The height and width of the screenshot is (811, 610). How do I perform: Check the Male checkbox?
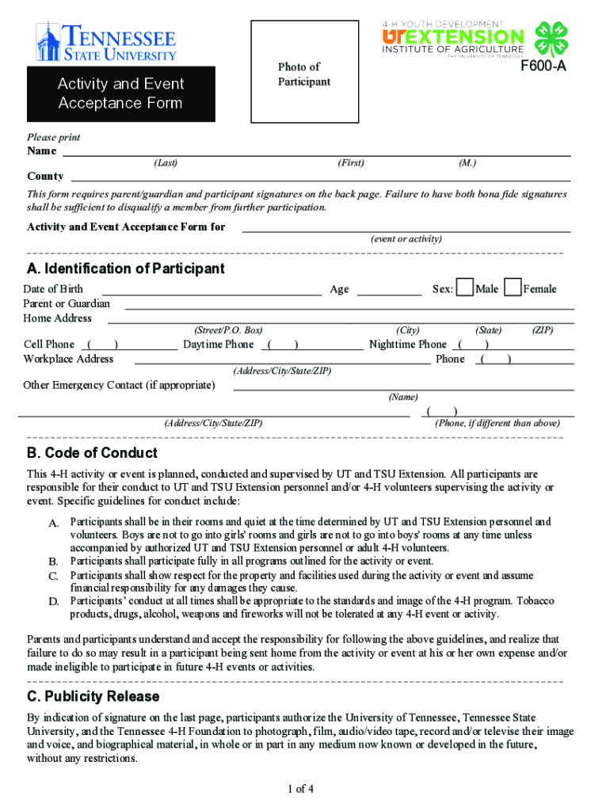point(466,288)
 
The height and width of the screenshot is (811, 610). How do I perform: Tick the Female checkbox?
point(513,288)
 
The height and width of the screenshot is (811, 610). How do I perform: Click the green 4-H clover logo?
point(551,38)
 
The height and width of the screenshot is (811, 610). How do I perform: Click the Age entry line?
point(389,290)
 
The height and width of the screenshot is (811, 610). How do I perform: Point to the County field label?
point(45,176)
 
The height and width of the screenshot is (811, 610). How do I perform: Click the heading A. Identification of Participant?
point(126,268)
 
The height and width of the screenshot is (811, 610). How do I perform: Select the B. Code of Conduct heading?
point(92,453)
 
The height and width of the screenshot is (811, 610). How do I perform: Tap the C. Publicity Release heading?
point(93,696)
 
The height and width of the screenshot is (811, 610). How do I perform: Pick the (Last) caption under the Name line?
point(166,163)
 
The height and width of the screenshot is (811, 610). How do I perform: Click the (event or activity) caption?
point(406,239)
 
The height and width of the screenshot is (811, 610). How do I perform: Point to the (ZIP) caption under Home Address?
point(542,330)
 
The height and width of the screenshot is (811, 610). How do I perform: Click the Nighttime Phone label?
point(408,344)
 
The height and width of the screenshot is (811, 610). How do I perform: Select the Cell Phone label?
point(49,344)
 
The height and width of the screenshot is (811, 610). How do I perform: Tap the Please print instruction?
point(54,137)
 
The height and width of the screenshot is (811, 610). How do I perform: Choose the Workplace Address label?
point(68,359)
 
